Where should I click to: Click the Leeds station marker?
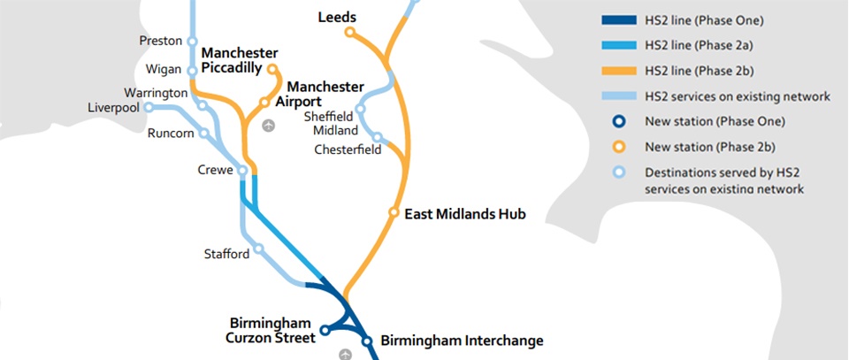tap(349, 33)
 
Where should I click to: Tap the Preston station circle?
tap(192, 41)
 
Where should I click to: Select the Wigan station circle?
tap(192, 70)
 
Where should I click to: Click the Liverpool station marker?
tap(149, 107)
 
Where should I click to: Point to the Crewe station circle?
tap(242, 172)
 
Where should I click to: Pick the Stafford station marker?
tap(259, 249)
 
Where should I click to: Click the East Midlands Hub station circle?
tap(394, 212)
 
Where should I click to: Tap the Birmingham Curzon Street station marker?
tap(325, 331)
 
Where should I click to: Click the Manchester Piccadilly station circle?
tap(272, 68)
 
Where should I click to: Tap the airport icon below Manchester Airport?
tap(269, 125)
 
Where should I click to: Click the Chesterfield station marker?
tap(378, 137)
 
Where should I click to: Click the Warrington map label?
tap(156, 92)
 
